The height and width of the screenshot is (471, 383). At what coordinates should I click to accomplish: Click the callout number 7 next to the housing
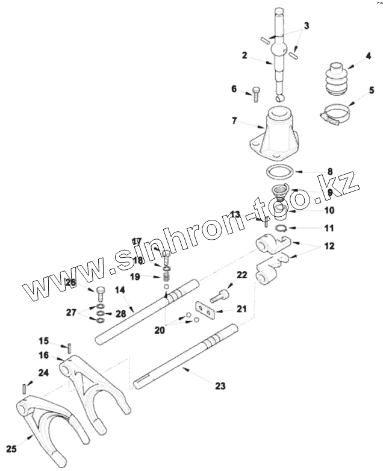[234, 121]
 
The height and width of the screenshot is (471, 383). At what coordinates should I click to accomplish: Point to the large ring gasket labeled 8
[279, 172]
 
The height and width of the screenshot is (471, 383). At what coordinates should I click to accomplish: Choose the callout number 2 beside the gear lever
[244, 55]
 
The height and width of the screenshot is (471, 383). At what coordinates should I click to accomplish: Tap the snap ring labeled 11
[279, 228]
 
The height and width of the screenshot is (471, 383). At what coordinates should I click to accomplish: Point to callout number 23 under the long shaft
[220, 386]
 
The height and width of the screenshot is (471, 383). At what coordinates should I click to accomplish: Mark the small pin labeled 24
[23, 388]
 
